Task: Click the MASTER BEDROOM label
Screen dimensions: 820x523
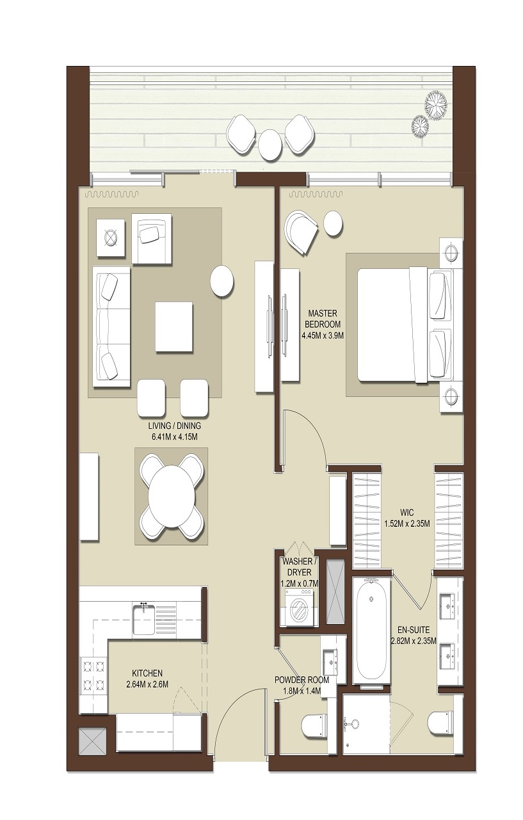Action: [323, 319]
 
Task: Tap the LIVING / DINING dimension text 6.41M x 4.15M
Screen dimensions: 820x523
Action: [174, 437]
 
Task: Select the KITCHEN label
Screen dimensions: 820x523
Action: [147, 673]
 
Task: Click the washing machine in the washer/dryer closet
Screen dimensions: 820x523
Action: [297, 610]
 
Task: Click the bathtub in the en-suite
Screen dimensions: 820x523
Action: [371, 631]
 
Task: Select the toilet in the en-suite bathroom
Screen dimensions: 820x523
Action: [441, 723]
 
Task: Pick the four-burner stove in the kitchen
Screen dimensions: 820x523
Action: [93, 675]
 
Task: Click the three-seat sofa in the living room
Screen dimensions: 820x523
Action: [111, 326]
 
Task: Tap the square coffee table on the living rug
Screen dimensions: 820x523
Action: [173, 326]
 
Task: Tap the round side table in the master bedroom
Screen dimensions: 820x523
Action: [333, 223]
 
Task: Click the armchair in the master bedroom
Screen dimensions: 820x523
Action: [300, 229]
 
